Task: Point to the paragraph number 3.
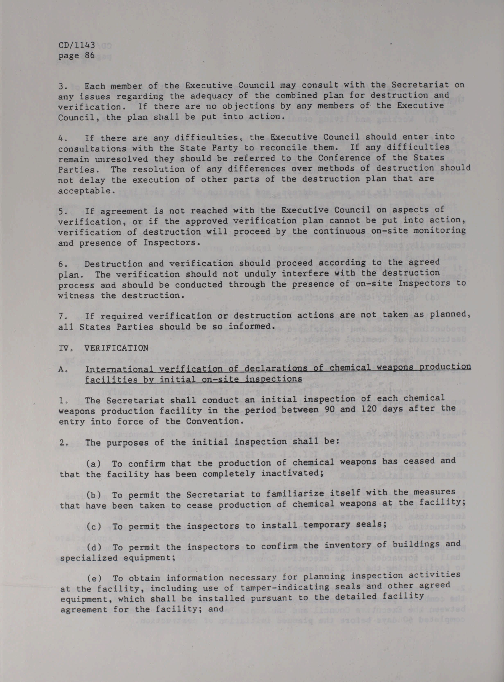tap(61, 86)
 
